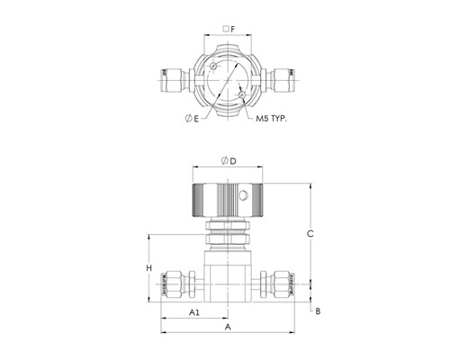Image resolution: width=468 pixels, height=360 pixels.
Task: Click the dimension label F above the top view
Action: [233, 29]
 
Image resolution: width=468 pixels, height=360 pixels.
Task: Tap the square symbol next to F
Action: [226, 29]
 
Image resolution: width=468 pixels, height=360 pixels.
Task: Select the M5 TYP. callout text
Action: [271, 119]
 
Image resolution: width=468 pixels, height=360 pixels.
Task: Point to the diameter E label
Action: [192, 119]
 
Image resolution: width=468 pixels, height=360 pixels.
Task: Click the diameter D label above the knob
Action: [229, 161]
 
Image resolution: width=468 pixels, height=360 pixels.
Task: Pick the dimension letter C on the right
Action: [310, 233]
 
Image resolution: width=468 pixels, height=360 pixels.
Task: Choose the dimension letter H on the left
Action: [149, 268]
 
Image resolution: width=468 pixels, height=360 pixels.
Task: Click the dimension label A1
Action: [194, 312]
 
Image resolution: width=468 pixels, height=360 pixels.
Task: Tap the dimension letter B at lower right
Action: [318, 311]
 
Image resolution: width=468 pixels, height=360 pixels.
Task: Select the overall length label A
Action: [228, 327]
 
